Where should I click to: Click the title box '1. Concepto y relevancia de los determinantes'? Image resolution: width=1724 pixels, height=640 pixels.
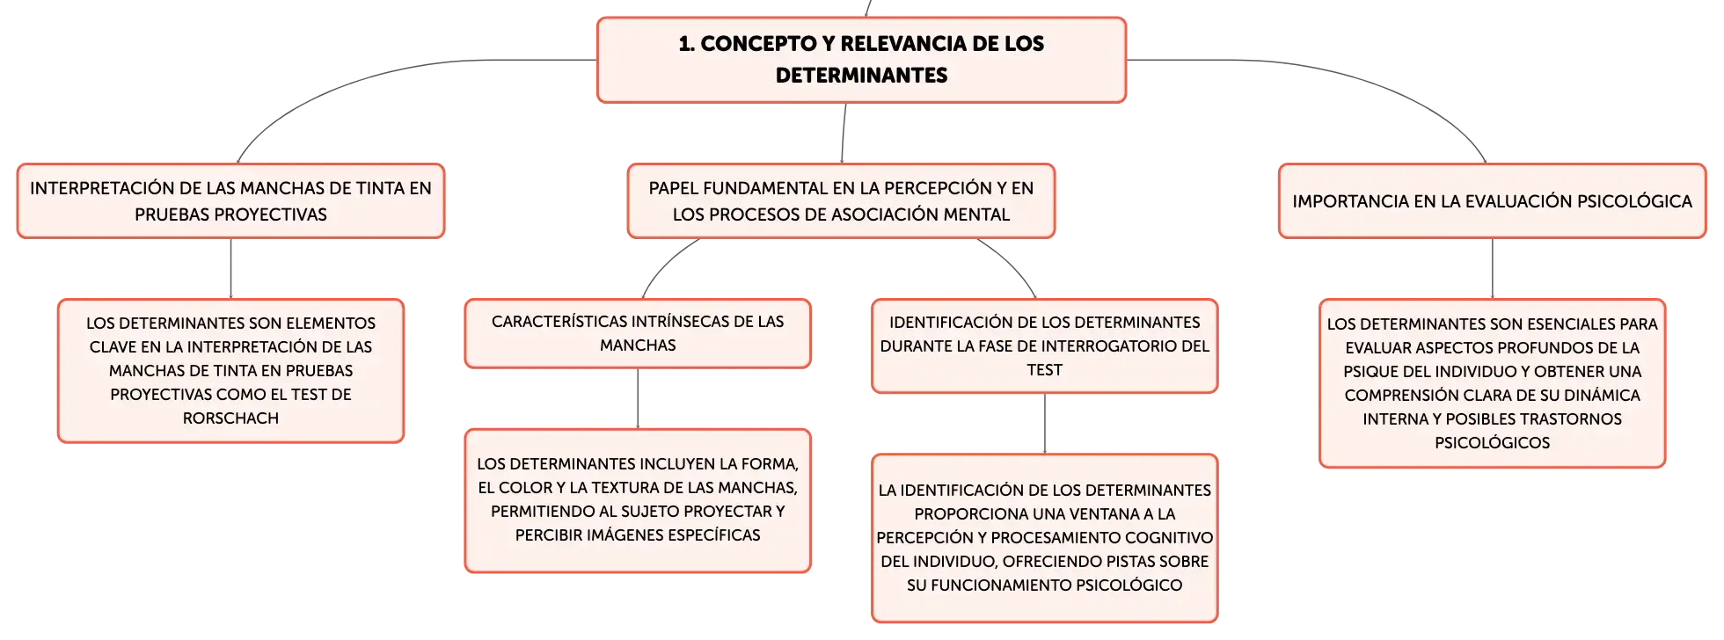[x=861, y=60]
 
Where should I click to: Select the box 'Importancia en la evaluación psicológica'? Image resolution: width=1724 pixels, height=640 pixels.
[x=1492, y=200]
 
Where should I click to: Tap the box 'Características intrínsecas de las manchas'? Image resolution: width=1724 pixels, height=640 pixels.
[x=638, y=333]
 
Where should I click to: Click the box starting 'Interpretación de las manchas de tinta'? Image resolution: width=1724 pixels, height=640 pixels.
[x=230, y=200]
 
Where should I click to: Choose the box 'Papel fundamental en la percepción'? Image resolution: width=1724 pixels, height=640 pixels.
[x=841, y=200]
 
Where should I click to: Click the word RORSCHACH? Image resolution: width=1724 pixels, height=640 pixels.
[x=230, y=418]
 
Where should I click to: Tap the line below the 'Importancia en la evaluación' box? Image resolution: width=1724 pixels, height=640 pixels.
[x=1492, y=268]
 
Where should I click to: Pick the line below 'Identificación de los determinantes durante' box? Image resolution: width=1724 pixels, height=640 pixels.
[x=1044, y=424]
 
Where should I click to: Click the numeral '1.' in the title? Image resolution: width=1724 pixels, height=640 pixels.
[x=686, y=44]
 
